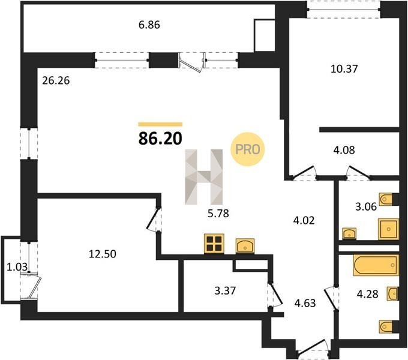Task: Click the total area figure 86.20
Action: (x=160, y=138)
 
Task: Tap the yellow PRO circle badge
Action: (x=247, y=149)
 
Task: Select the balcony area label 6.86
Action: (x=149, y=25)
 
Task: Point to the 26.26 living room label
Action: (x=56, y=80)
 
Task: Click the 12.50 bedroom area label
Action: (x=103, y=254)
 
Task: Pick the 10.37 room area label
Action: (x=344, y=69)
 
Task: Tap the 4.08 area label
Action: (x=344, y=150)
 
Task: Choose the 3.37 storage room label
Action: (x=225, y=290)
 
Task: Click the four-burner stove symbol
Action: (x=214, y=244)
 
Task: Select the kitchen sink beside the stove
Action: (x=245, y=246)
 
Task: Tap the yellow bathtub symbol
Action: (x=376, y=265)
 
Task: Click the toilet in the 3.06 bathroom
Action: (x=386, y=200)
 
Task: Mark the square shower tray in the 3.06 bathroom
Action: (x=388, y=229)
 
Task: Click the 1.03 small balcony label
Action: (x=17, y=267)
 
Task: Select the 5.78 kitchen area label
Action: (x=218, y=214)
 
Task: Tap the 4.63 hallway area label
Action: (x=305, y=303)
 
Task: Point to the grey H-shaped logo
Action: (x=204, y=177)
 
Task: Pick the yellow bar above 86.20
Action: (x=160, y=124)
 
